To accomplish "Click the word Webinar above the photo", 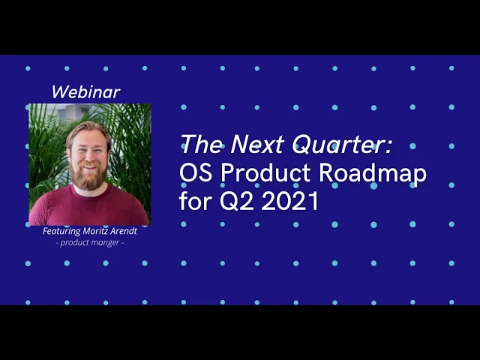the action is tap(86, 91).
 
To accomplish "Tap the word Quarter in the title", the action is tap(337, 145).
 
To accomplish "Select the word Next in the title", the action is tap(256, 144).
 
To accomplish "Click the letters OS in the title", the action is tap(195, 172).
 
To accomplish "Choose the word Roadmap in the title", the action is tap(373, 173).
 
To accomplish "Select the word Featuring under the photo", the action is tap(61, 231).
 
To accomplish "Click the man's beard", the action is tap(88, 175).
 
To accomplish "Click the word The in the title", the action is tap(201, 144).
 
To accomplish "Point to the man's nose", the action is tap(88, 157).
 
